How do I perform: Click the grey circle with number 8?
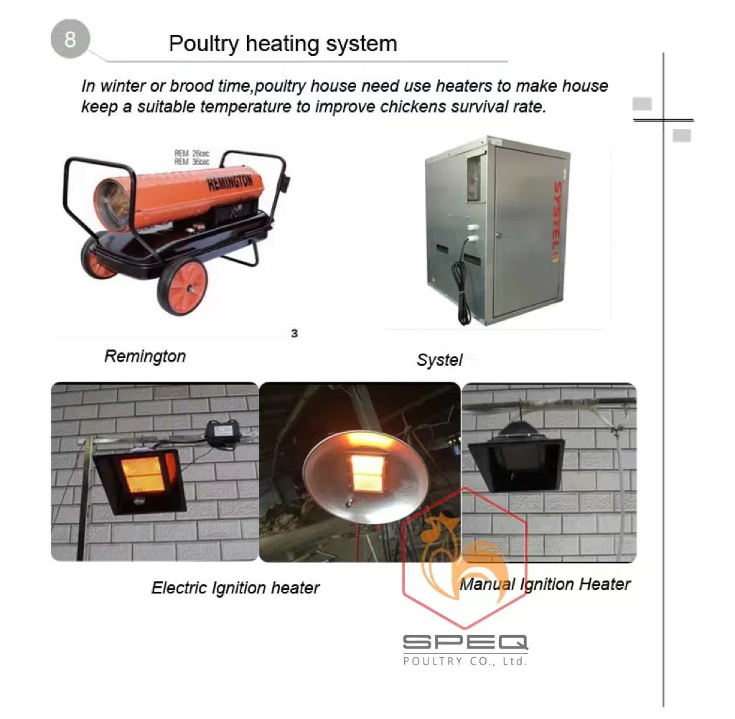coord(70,39)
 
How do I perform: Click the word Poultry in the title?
coord(204,44)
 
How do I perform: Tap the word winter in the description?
coord(123,86)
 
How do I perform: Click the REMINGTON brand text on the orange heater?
coord(230,182)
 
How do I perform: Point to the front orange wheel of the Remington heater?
coord(183,286)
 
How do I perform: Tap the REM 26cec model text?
coord(192,154)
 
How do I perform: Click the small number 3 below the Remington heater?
coord(294,333)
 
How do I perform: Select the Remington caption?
coord(145,356)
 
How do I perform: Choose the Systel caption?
coord(439,360)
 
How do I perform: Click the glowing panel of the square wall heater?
coord(144,475)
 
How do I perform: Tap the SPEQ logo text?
coord(465,642)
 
